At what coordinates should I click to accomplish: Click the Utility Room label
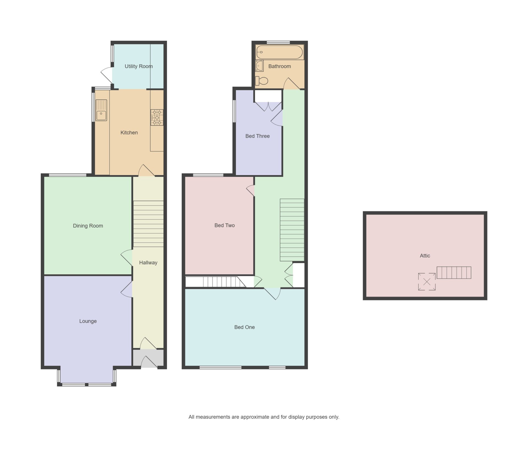point(139,66)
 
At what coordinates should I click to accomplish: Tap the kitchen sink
point(101,110)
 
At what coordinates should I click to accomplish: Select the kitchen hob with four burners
point(157,118)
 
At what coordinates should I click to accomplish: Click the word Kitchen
point(129,132)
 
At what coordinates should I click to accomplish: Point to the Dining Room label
point(88,226)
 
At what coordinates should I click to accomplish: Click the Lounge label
point(88,321)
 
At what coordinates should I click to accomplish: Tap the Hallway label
point(148,262)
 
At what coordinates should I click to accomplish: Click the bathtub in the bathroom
point(280,52)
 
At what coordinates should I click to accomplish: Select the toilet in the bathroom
point(262,81)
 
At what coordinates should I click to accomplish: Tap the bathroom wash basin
point(259,66)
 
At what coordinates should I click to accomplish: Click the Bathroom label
point(280,66)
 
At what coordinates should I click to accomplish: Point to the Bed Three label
point(257,136)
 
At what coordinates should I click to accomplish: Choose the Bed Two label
point(224,225)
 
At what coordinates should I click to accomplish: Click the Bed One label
point(244,327)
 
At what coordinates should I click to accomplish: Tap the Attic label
point(425,256)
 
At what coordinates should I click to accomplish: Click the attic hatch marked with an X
point(427,281)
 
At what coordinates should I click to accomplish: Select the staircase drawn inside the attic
point(454,273)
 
